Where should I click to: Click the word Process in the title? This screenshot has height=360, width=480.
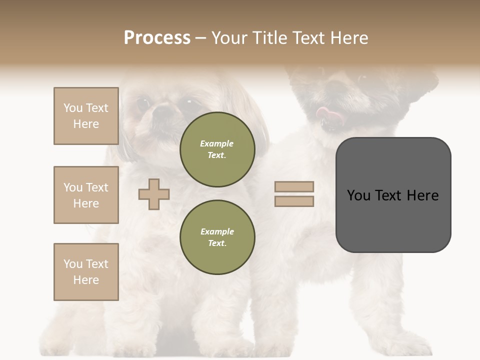pyautogui.click(x=157, y=38)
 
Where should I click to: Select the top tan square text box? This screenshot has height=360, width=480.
pyautogui.click(x=86, y=116)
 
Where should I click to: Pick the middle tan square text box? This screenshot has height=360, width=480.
pyautogui.click(x=86, y=195)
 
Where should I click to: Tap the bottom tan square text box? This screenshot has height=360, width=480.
pyautogui.click(x=86, y=272)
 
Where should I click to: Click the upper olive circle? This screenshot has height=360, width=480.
pyautogui.click(x=217, y=149)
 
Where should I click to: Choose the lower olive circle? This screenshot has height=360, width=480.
pyautogui.click(x=217, y=237)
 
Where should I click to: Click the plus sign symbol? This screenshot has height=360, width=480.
pyautogui.click(x=154, y=194)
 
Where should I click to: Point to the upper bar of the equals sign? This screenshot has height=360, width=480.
pyautogui.click(x=294, y=186)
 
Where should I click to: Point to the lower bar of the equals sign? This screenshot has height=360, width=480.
pyautogui.click(x=294, y=201)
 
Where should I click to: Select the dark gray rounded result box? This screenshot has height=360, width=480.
pyautogui.click(x=393, y=195)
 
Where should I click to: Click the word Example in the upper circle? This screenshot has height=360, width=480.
pyautogui.click(x=217, y=143)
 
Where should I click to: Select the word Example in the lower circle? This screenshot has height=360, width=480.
pyautogui.click(x=217, y=231)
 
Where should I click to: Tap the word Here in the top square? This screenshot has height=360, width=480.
pyautogui.click(x=86, y=124)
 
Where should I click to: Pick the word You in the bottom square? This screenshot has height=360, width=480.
pyautogui.click(x=72, y=264)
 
